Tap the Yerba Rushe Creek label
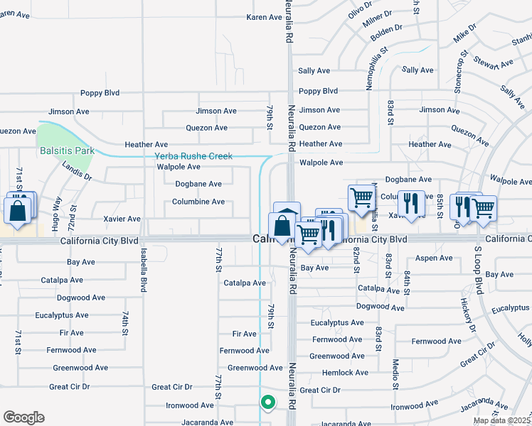click(193, 156)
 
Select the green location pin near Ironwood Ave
click(267, 403)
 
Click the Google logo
click(23, 417)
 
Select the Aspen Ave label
click(433, 258)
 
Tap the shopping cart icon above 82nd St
click(361, 197)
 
